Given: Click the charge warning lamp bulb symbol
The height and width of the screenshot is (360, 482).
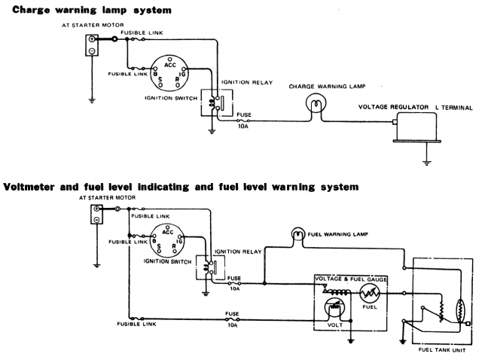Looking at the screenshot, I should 313,105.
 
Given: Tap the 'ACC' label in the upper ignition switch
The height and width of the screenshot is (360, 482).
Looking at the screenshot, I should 169,66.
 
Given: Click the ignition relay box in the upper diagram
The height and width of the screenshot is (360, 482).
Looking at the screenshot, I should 210,104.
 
